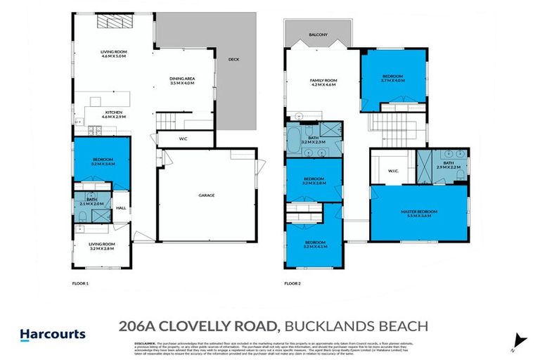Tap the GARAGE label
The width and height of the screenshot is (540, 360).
tap(206, 195)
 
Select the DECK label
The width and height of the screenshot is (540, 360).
tap(233, 60)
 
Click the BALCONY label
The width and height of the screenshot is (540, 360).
tap(318, 34)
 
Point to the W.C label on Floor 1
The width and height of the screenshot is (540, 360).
tap(183, 139)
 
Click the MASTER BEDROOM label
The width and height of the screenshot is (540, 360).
tap(419, 211)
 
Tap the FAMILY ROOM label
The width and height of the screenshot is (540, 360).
tap(324, 81)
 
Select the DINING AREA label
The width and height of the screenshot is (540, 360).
tap(181, 78)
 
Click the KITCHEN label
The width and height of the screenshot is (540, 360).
tap(115, 112)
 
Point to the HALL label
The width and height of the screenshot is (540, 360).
tap(121, 207)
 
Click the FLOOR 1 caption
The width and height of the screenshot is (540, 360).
tap(82, 283)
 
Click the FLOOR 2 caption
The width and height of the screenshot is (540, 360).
tap(292, 283)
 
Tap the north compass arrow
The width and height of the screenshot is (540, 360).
tap(520, 340)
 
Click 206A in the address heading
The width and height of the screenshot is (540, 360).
tap(138, 326)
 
